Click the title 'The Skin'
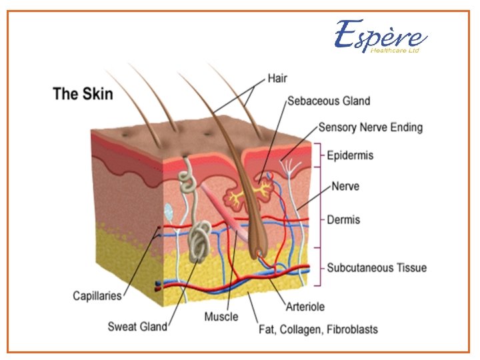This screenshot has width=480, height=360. pyautogui.click(x=83, y=93)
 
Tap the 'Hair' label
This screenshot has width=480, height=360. pyautogui.click(x=277, y=78)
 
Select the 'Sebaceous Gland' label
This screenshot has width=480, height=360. pyautogui.click(x=328, y=101)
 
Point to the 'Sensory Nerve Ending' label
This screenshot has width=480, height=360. pyautogui.click(x=370, y=127)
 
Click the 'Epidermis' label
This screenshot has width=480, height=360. pyautogui.click(x=350, y=155)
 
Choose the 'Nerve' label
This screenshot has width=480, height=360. pyautogui.click(x=346, y=187)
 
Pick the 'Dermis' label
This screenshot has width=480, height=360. pyautogui.click(x=343, y=219)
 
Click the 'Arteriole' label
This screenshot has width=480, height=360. pyautogui.click(x=305, y=307)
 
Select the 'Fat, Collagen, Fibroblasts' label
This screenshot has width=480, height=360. pyautogui.click(x=318, y=329)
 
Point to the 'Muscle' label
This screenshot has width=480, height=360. pyautogui.click(x=221, y=316)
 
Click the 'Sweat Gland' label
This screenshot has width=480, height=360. pyautogui.click(x=137, y=327)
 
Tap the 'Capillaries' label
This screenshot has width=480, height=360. pyautogui.click(x=97, y=295)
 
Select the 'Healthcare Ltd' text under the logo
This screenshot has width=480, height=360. pyautogui.click(x=395, y=51)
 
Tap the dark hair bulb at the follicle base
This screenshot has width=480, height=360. pyautogui.click(x=257, y=253)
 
